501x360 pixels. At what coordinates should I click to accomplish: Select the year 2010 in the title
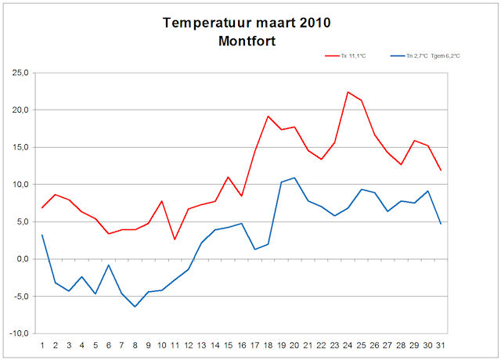click(313, 23)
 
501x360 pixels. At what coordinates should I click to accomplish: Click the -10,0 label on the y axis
click(17, 333)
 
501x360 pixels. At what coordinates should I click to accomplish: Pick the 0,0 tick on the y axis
click(21, 259)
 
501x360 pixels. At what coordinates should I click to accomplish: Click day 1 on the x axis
click(42, 344)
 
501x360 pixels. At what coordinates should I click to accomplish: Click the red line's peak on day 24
click(348, 92)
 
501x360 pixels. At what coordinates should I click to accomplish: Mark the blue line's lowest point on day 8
click(135, 307)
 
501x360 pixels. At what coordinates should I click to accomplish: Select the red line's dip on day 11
click(175, 239)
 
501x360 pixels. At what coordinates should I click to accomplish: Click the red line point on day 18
click(269, 116)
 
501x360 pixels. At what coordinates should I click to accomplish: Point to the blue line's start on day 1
click(42, 235)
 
